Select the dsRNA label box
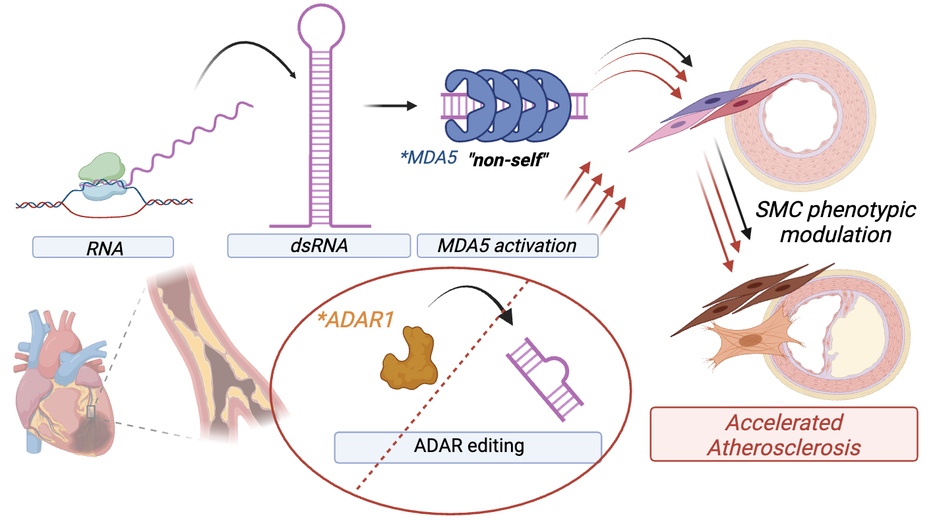point(318,247)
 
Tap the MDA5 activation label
point(508,246)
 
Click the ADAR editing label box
point(468,446)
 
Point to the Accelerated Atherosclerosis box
point(783,434)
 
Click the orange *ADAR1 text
point(355,320)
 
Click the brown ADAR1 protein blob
point(407,357)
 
